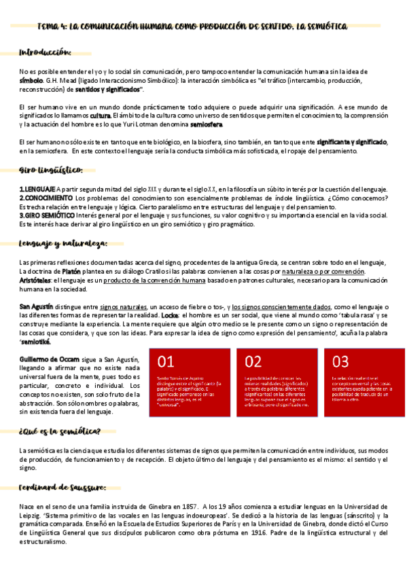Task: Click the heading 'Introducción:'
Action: point(45,52)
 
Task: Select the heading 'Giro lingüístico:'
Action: point(51,169)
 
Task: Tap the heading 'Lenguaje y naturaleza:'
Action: point(63,242)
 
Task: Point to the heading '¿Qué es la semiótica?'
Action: point(60,431)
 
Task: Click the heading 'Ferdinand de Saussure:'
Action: point(63,486)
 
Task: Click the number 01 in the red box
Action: point(166,361)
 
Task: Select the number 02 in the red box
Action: point(253,361)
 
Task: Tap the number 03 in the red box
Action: point(340,361)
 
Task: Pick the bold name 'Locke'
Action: point(171,316)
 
